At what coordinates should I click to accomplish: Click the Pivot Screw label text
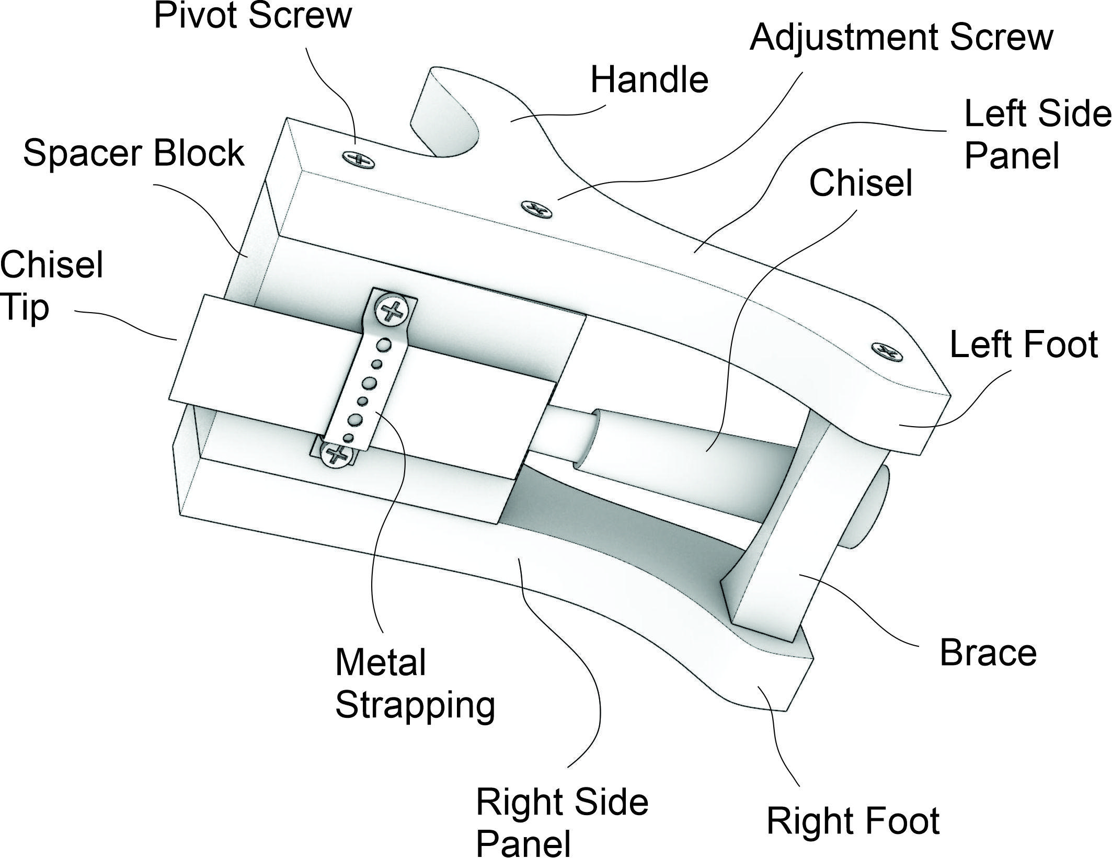(x=253, y=16)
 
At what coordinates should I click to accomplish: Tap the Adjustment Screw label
(x=901, y=38)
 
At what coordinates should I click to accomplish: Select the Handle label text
(x=649, y=81)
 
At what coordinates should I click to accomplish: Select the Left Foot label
(x=1023, y=345)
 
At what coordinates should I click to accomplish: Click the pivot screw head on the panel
(x=358, y=158)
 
